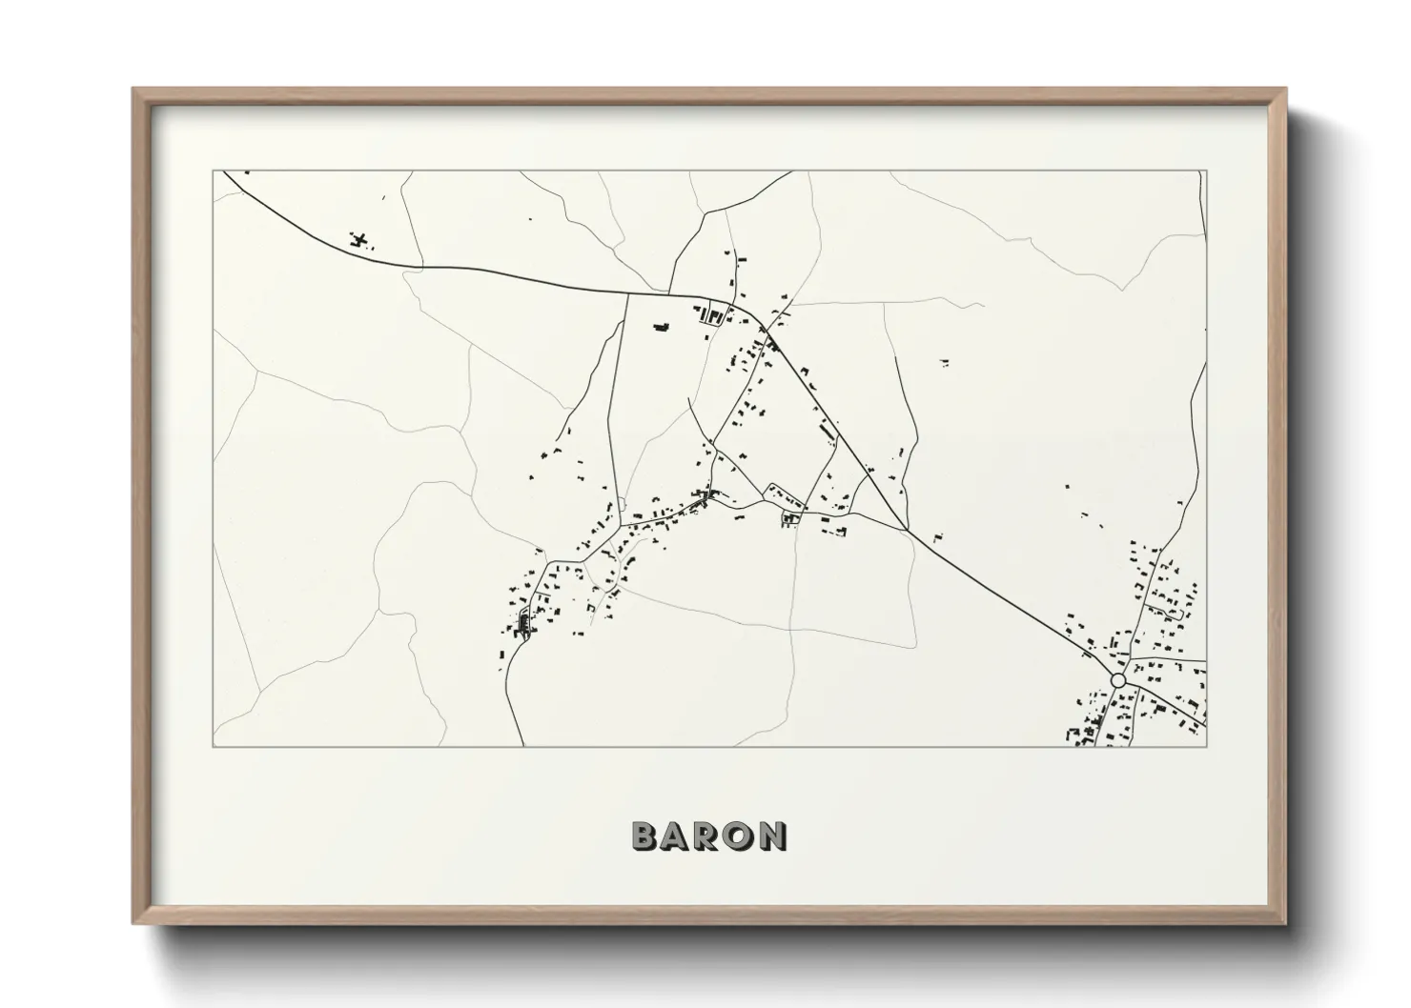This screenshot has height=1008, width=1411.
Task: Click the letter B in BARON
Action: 644,836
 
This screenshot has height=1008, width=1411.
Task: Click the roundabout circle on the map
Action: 1117,680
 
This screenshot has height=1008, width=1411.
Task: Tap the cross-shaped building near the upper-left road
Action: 359,238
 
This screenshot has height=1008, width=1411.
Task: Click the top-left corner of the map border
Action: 213,171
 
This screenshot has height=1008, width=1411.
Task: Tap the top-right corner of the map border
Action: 1207,171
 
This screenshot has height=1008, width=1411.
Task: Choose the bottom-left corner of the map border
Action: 213,747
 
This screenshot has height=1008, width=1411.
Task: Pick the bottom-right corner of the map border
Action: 1207,747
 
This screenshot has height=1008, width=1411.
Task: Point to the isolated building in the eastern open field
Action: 944,362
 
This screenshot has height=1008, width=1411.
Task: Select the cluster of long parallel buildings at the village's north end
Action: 710,314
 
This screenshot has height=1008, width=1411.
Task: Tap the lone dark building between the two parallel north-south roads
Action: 659,328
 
